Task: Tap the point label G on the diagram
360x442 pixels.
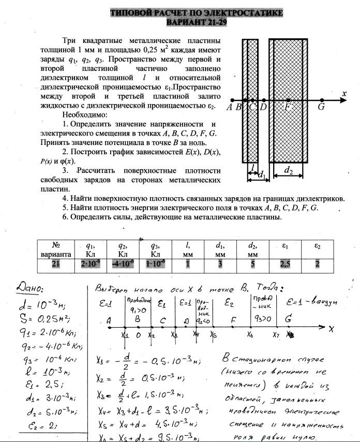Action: pos(321,108)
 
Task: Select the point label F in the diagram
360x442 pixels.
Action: pos(288,108)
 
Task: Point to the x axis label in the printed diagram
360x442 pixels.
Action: pos(343,94)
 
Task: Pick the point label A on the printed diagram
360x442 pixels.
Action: pos(229,108)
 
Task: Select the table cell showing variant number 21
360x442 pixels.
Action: pos(56,264)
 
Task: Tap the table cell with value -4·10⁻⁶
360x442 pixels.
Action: pos(123,264)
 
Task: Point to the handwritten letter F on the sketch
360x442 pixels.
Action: pos(233,321)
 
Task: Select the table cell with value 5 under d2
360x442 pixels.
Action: pos(253,264)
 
